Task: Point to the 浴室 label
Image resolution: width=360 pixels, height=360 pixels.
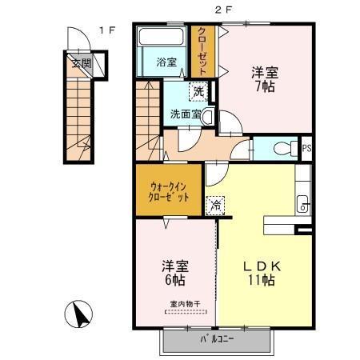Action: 166,62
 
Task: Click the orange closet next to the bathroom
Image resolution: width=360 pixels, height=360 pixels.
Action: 203,52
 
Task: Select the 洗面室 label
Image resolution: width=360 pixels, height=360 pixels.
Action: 183,114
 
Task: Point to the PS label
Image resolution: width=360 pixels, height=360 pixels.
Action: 306,148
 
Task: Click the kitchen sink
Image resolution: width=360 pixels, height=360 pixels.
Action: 303,203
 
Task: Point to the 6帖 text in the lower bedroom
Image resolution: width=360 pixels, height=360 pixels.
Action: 174,281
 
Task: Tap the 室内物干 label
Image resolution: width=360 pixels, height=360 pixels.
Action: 185,303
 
